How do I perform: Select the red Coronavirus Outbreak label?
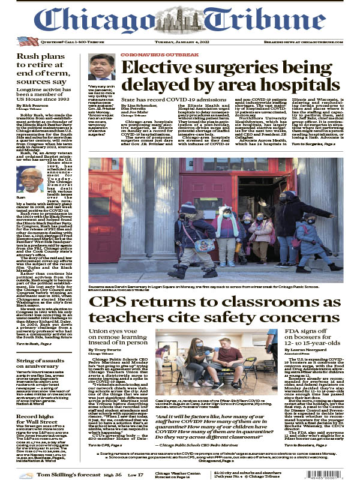pos(151,55)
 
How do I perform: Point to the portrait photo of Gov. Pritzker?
pos(101,67)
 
